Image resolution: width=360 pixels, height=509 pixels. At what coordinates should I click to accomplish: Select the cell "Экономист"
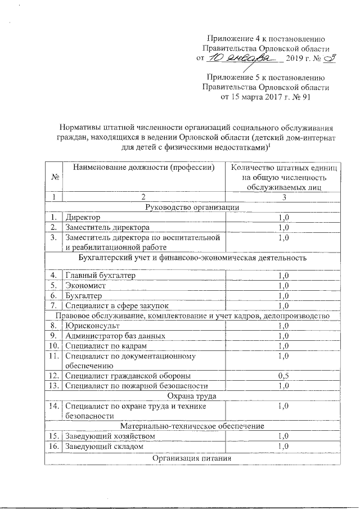(x=85, y=285)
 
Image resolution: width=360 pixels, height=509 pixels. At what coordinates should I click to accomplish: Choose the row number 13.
(x=54, y=386)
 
